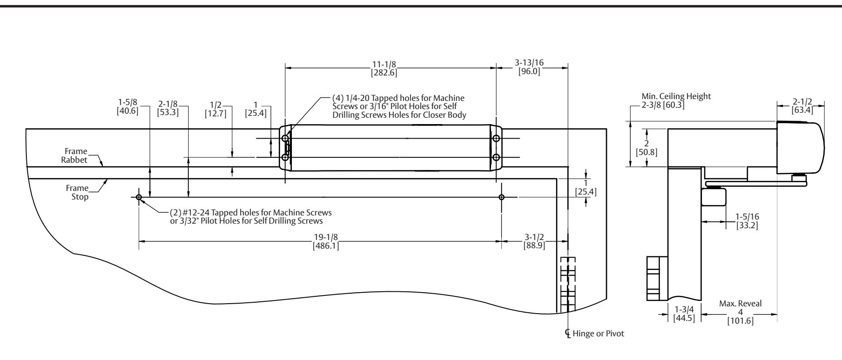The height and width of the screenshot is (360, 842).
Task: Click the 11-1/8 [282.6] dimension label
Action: click(x=384, y=68)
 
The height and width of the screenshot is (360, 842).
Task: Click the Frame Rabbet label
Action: click(x=76, y=155)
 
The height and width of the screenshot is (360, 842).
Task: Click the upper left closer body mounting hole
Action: click(x=285, y=138)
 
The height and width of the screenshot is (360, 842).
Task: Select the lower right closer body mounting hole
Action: click(x=496, y=157)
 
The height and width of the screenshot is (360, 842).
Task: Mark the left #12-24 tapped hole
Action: click(x=139, y=197)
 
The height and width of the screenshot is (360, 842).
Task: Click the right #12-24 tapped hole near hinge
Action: click(x=501, y=197)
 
